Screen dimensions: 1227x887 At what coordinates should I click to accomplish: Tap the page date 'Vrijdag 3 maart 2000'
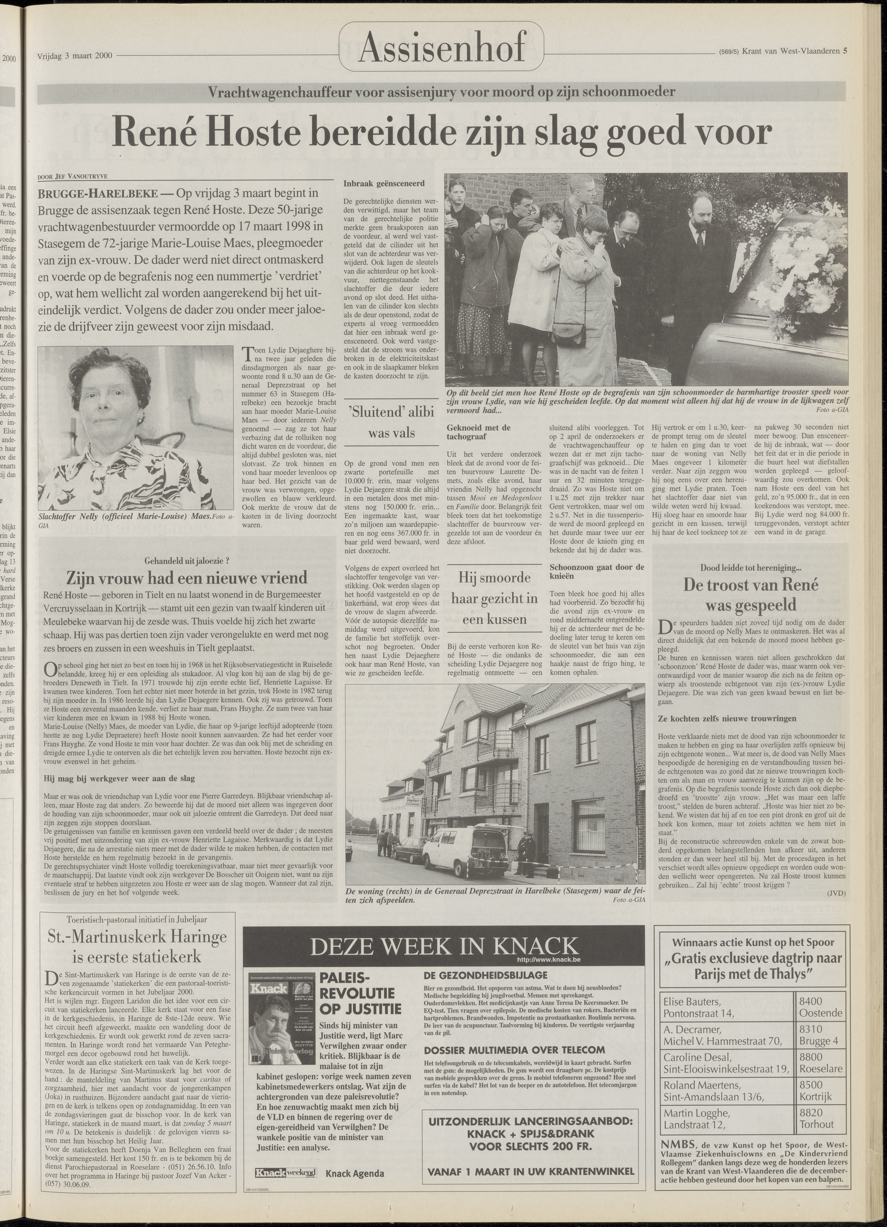tap(75, 55)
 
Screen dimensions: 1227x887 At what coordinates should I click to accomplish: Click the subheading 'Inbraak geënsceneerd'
tap(384, 183)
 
